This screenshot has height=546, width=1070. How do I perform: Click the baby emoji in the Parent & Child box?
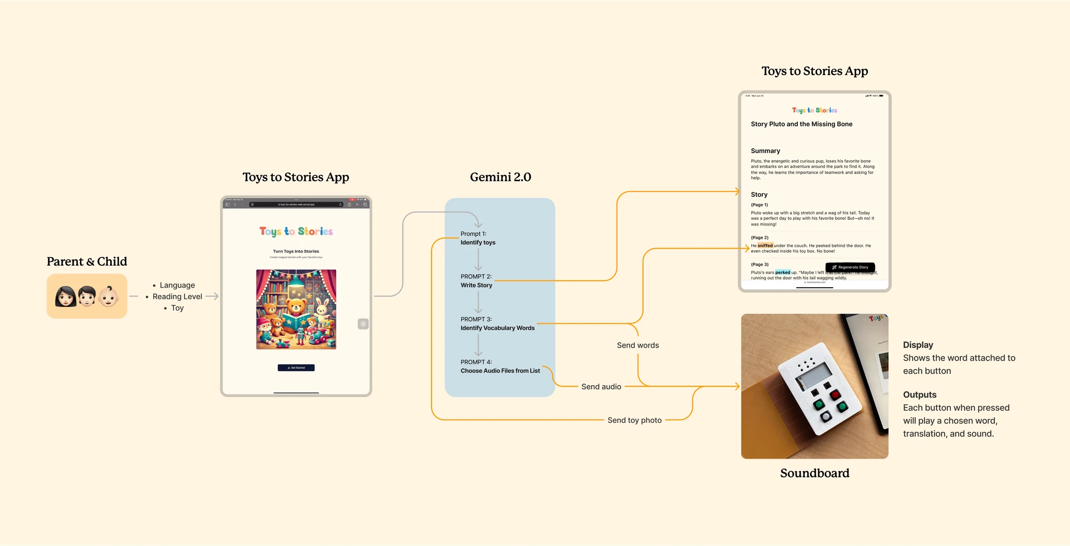coord(109,296)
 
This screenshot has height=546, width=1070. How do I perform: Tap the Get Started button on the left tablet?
coord(296,367)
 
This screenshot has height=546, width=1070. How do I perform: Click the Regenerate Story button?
coord(850,267)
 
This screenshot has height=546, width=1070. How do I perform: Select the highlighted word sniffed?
coord(765,245)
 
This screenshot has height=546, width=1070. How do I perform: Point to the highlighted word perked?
coord(782,272)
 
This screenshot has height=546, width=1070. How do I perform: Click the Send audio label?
coord(601,387)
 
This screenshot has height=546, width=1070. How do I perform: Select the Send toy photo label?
coord(634,420)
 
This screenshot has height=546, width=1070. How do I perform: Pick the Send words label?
coord(637,346)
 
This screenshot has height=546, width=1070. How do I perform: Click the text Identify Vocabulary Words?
coord(497,328)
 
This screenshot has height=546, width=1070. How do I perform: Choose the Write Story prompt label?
coord(476,286)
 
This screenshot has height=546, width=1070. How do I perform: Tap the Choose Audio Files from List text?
coord(500,371)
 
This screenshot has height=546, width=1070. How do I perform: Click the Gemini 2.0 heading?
coord(500,177)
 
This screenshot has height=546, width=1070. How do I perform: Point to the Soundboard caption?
coord(815,473)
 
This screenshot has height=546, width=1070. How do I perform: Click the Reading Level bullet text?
coord(177,296)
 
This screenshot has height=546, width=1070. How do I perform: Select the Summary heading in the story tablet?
coord(765,151)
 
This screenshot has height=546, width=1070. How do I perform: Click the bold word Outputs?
coord(920,395)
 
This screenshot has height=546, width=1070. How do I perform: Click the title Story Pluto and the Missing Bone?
coord(801,124)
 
